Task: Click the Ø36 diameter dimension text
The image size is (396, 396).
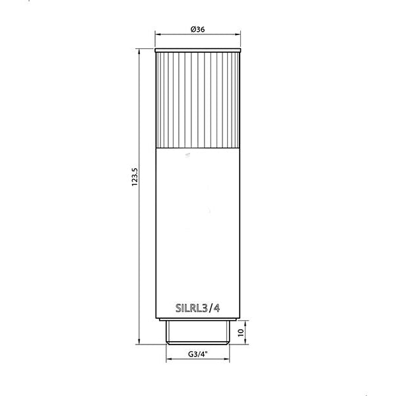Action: point(197,29)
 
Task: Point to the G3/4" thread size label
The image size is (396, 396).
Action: point(197,354)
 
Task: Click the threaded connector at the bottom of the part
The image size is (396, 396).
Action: point(197,331)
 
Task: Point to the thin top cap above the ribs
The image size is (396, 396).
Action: point(197,50)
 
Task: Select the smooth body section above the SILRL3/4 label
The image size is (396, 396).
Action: point(197,224)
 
